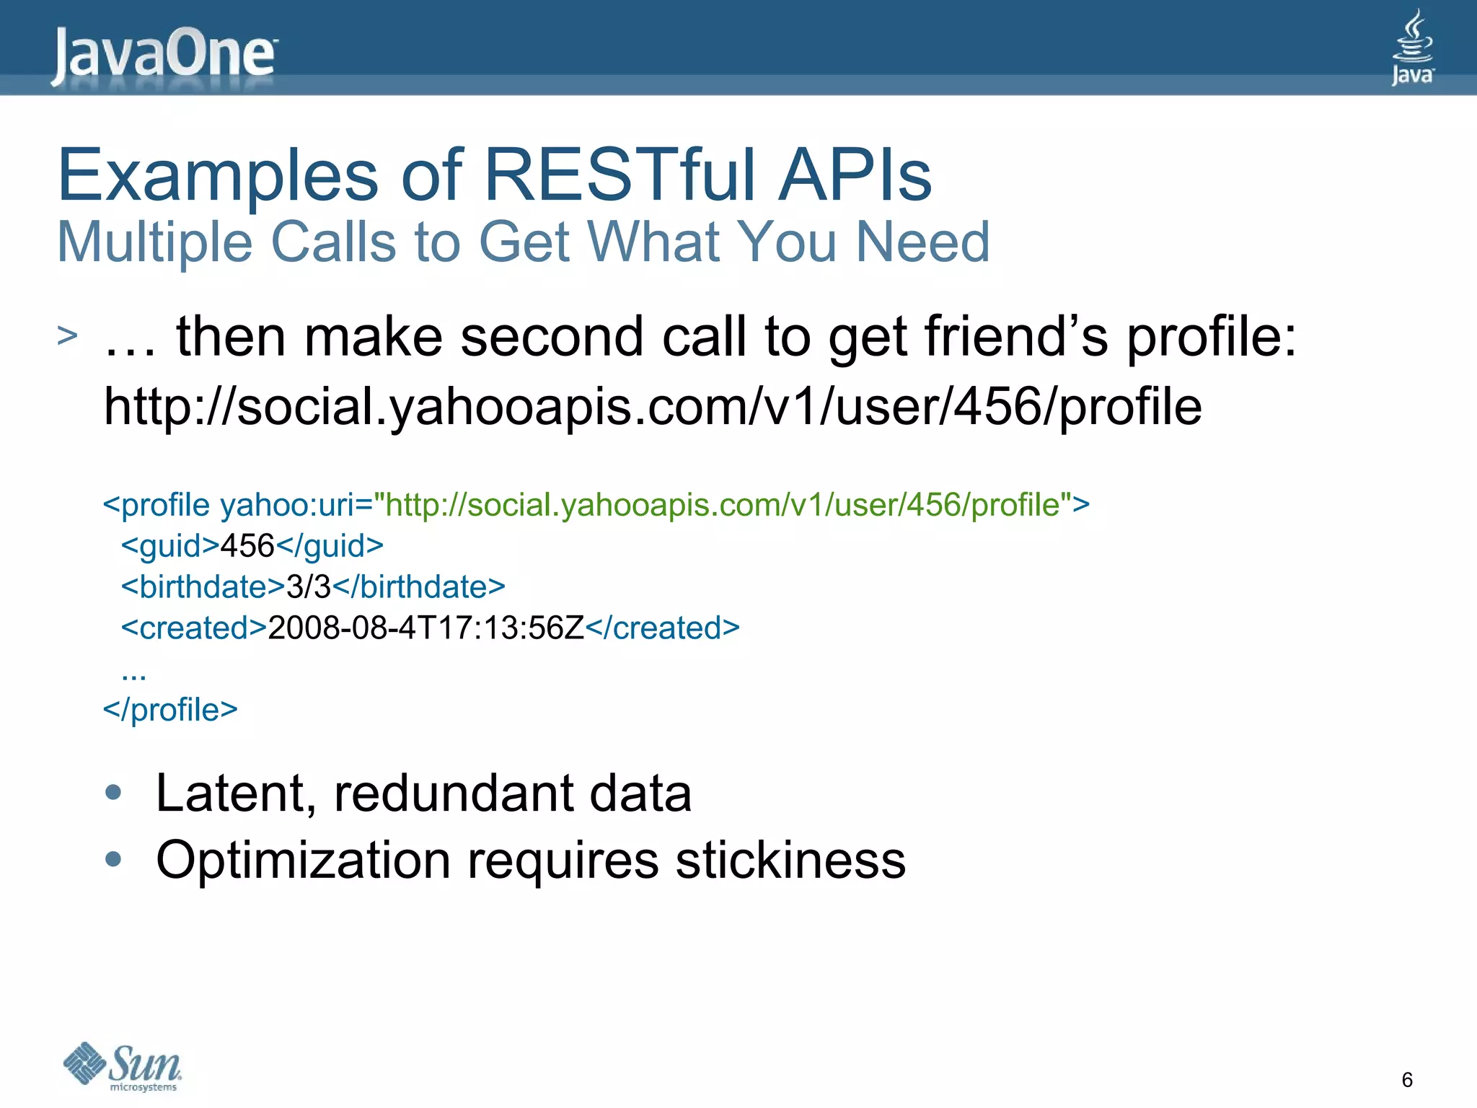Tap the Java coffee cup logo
coord(1411,48)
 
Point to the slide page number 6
coord(1406,1080)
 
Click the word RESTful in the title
coord(620,175)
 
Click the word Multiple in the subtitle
coord(154,242)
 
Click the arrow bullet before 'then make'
coord(67,335)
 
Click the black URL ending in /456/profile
coord(653,407)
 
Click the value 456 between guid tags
coord(247,546)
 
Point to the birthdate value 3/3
coord(308,587)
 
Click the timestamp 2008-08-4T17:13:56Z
coord(426,628)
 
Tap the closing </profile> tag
coord(170,710)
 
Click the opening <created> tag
coord(194,628)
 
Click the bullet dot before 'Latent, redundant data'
coord(113,792)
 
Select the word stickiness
coord(790,860)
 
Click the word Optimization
coord(304,860)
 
